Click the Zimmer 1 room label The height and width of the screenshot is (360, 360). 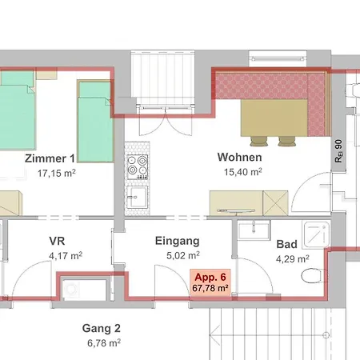coord(50,158)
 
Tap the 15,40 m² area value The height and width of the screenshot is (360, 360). coord(242,172)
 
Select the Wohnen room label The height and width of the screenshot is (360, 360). coord(239,157)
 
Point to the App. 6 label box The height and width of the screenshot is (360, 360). coord(210,282)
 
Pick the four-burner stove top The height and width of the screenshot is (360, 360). coord(138,167)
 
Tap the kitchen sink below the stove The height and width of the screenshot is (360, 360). coord(137,197)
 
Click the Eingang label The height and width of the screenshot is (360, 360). coord(178,241)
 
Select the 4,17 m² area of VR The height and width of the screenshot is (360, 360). coord(66,256)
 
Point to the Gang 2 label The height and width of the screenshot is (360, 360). coord(102,328)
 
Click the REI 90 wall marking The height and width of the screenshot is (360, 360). coord(338,151)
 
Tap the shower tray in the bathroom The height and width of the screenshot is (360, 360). coord(316,234)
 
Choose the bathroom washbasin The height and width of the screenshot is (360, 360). coord(254,230)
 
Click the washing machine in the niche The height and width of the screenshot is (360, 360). coord(71,290)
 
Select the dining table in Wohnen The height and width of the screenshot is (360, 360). coord(274,118)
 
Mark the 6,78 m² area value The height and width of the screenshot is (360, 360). coord(104,343)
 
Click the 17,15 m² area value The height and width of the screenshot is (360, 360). coord(57,174)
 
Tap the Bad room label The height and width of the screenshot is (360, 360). coord(286,244)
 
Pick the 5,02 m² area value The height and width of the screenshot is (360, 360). coord(183,255)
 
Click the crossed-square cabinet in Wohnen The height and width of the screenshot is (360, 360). coord(275,203)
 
